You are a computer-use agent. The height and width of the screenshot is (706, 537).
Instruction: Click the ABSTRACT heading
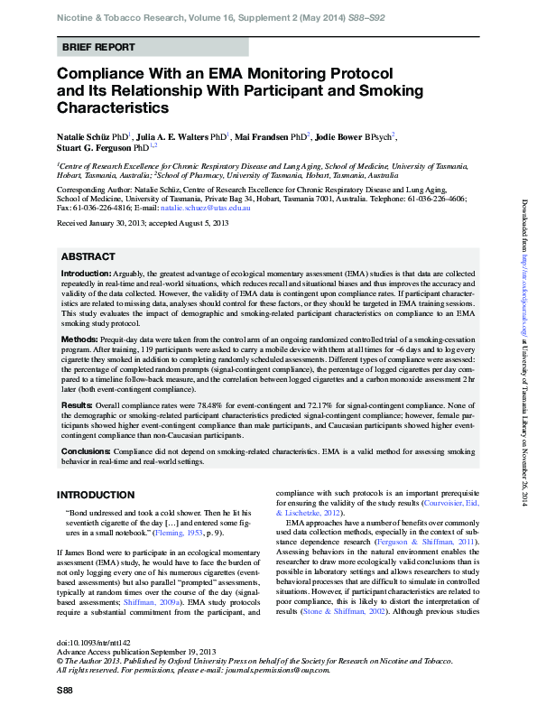click(88, 255)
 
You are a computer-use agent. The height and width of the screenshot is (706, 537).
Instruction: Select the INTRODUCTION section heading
click(96, 495)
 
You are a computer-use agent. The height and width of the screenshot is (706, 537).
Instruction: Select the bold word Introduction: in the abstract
click(87, 274)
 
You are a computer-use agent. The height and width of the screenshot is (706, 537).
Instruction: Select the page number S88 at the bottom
click(65, 690)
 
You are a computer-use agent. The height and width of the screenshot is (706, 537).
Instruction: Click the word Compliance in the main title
click(103, 73)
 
